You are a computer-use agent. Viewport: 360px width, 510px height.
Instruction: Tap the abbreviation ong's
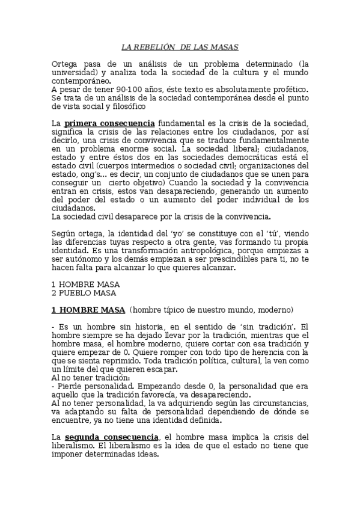click(66, 174)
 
